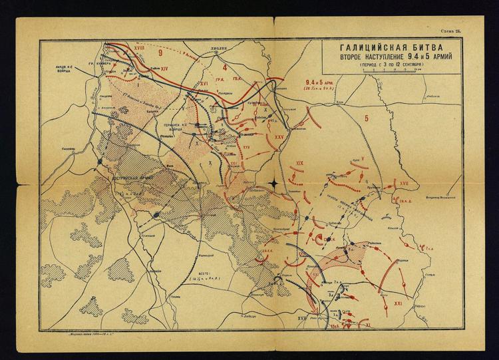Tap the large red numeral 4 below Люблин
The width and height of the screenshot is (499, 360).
(226, 68)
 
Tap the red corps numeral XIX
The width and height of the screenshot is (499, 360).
(300, 163)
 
